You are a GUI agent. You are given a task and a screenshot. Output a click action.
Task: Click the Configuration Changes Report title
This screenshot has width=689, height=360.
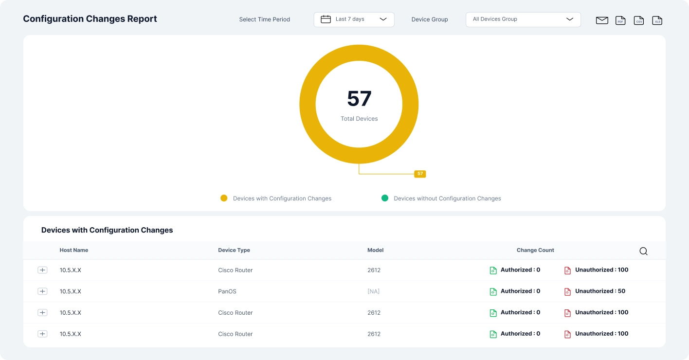(x=90, y=19)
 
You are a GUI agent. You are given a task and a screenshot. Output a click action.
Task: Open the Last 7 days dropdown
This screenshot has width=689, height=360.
(x=354, y=19)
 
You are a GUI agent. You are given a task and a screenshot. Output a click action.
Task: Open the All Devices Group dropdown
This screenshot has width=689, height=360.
(x=523, y=19)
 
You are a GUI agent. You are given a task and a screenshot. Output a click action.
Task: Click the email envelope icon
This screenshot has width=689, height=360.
(x=602, y=20)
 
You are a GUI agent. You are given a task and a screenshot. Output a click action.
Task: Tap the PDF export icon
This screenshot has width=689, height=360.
(x=620, y=20)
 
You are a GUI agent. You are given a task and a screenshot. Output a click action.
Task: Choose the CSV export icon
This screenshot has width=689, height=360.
(x=639, y=20)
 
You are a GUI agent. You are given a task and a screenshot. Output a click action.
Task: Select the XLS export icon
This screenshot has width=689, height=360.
(x=657, y=20)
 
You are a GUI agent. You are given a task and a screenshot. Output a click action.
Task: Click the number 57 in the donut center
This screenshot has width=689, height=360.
(x=359, y=99)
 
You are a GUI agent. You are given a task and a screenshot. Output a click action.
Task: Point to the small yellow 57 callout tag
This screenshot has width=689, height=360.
(x=420, y=174)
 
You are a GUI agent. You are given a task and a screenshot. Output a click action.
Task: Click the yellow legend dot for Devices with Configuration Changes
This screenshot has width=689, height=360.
(x=224, y=198)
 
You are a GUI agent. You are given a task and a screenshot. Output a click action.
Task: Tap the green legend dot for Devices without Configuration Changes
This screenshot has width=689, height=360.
(x=385, y=198)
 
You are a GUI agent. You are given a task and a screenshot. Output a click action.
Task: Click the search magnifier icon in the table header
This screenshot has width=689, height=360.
(x=643, y=251)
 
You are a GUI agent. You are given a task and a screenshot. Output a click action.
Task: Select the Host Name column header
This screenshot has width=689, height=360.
(x=74, y=250)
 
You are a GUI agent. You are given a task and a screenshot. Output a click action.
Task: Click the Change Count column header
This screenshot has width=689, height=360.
(x=535, y=250)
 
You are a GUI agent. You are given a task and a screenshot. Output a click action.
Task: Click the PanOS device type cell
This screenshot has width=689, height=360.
(x=227, y=291)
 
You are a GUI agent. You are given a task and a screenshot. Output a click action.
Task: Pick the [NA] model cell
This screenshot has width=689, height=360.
(x=373, y=291)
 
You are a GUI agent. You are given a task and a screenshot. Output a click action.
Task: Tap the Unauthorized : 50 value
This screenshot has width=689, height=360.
(x=600, y=291)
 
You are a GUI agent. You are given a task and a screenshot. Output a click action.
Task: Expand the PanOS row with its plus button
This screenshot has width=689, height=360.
(x=42, y=291)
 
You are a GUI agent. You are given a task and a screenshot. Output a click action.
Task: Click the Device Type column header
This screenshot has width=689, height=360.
(x=234, y=250)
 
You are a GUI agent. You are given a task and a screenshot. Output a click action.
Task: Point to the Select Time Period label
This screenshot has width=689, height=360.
(x=264, y=19)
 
